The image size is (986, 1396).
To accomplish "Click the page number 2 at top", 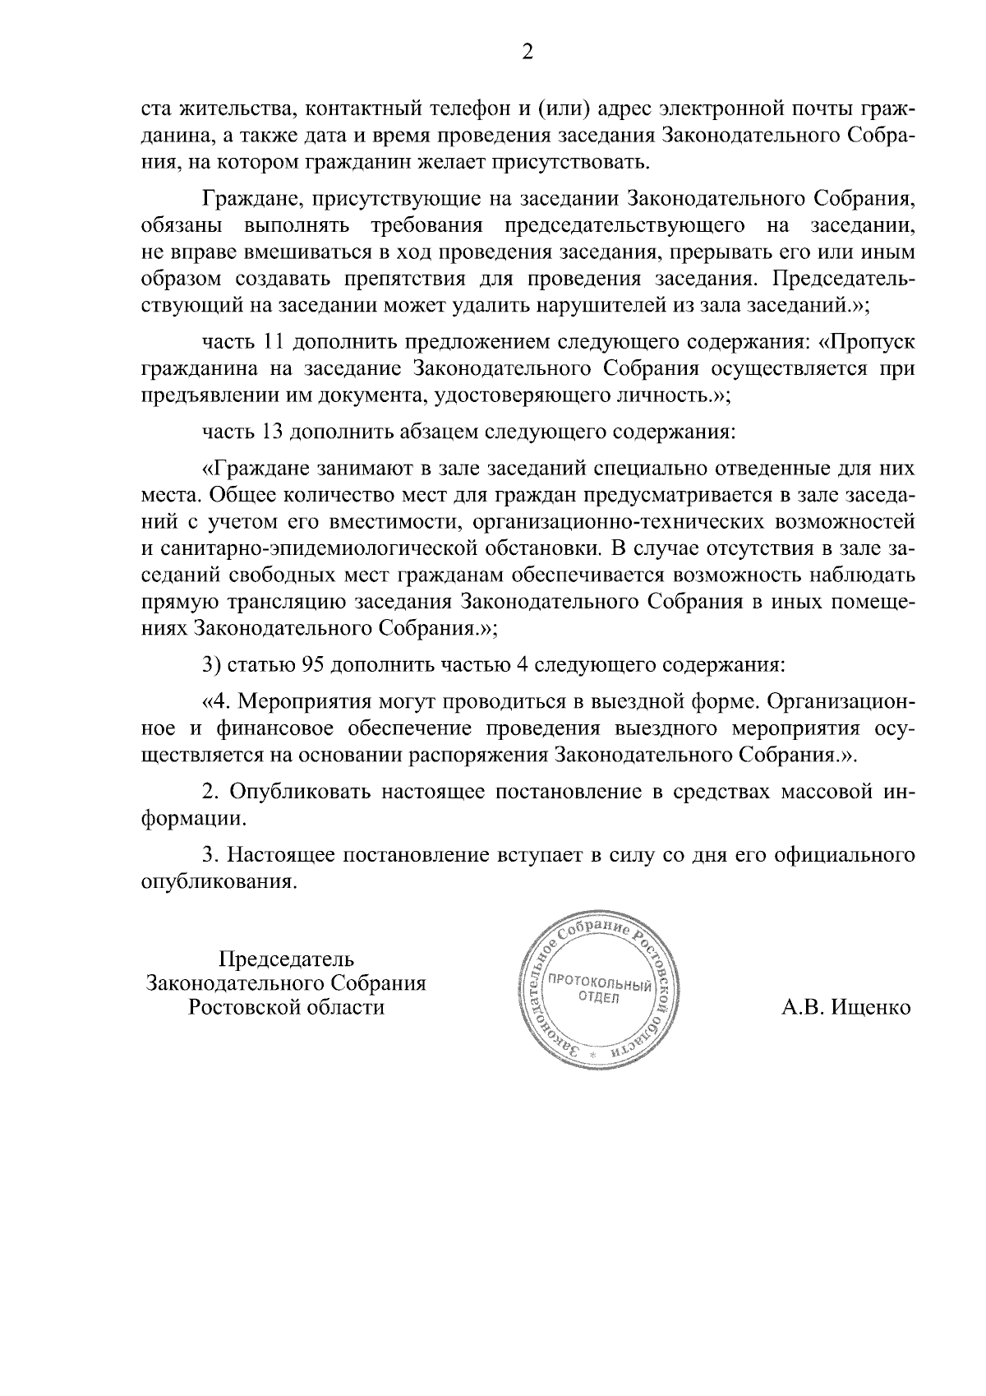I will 528,53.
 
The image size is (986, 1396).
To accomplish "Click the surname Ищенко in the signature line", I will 871,1008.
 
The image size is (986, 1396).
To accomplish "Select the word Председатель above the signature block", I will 286,959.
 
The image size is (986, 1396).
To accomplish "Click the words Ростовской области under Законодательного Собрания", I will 286,1007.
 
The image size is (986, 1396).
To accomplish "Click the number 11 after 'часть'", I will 274,341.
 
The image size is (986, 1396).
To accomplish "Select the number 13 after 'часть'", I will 274,430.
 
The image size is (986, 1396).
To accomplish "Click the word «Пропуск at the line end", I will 866,341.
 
